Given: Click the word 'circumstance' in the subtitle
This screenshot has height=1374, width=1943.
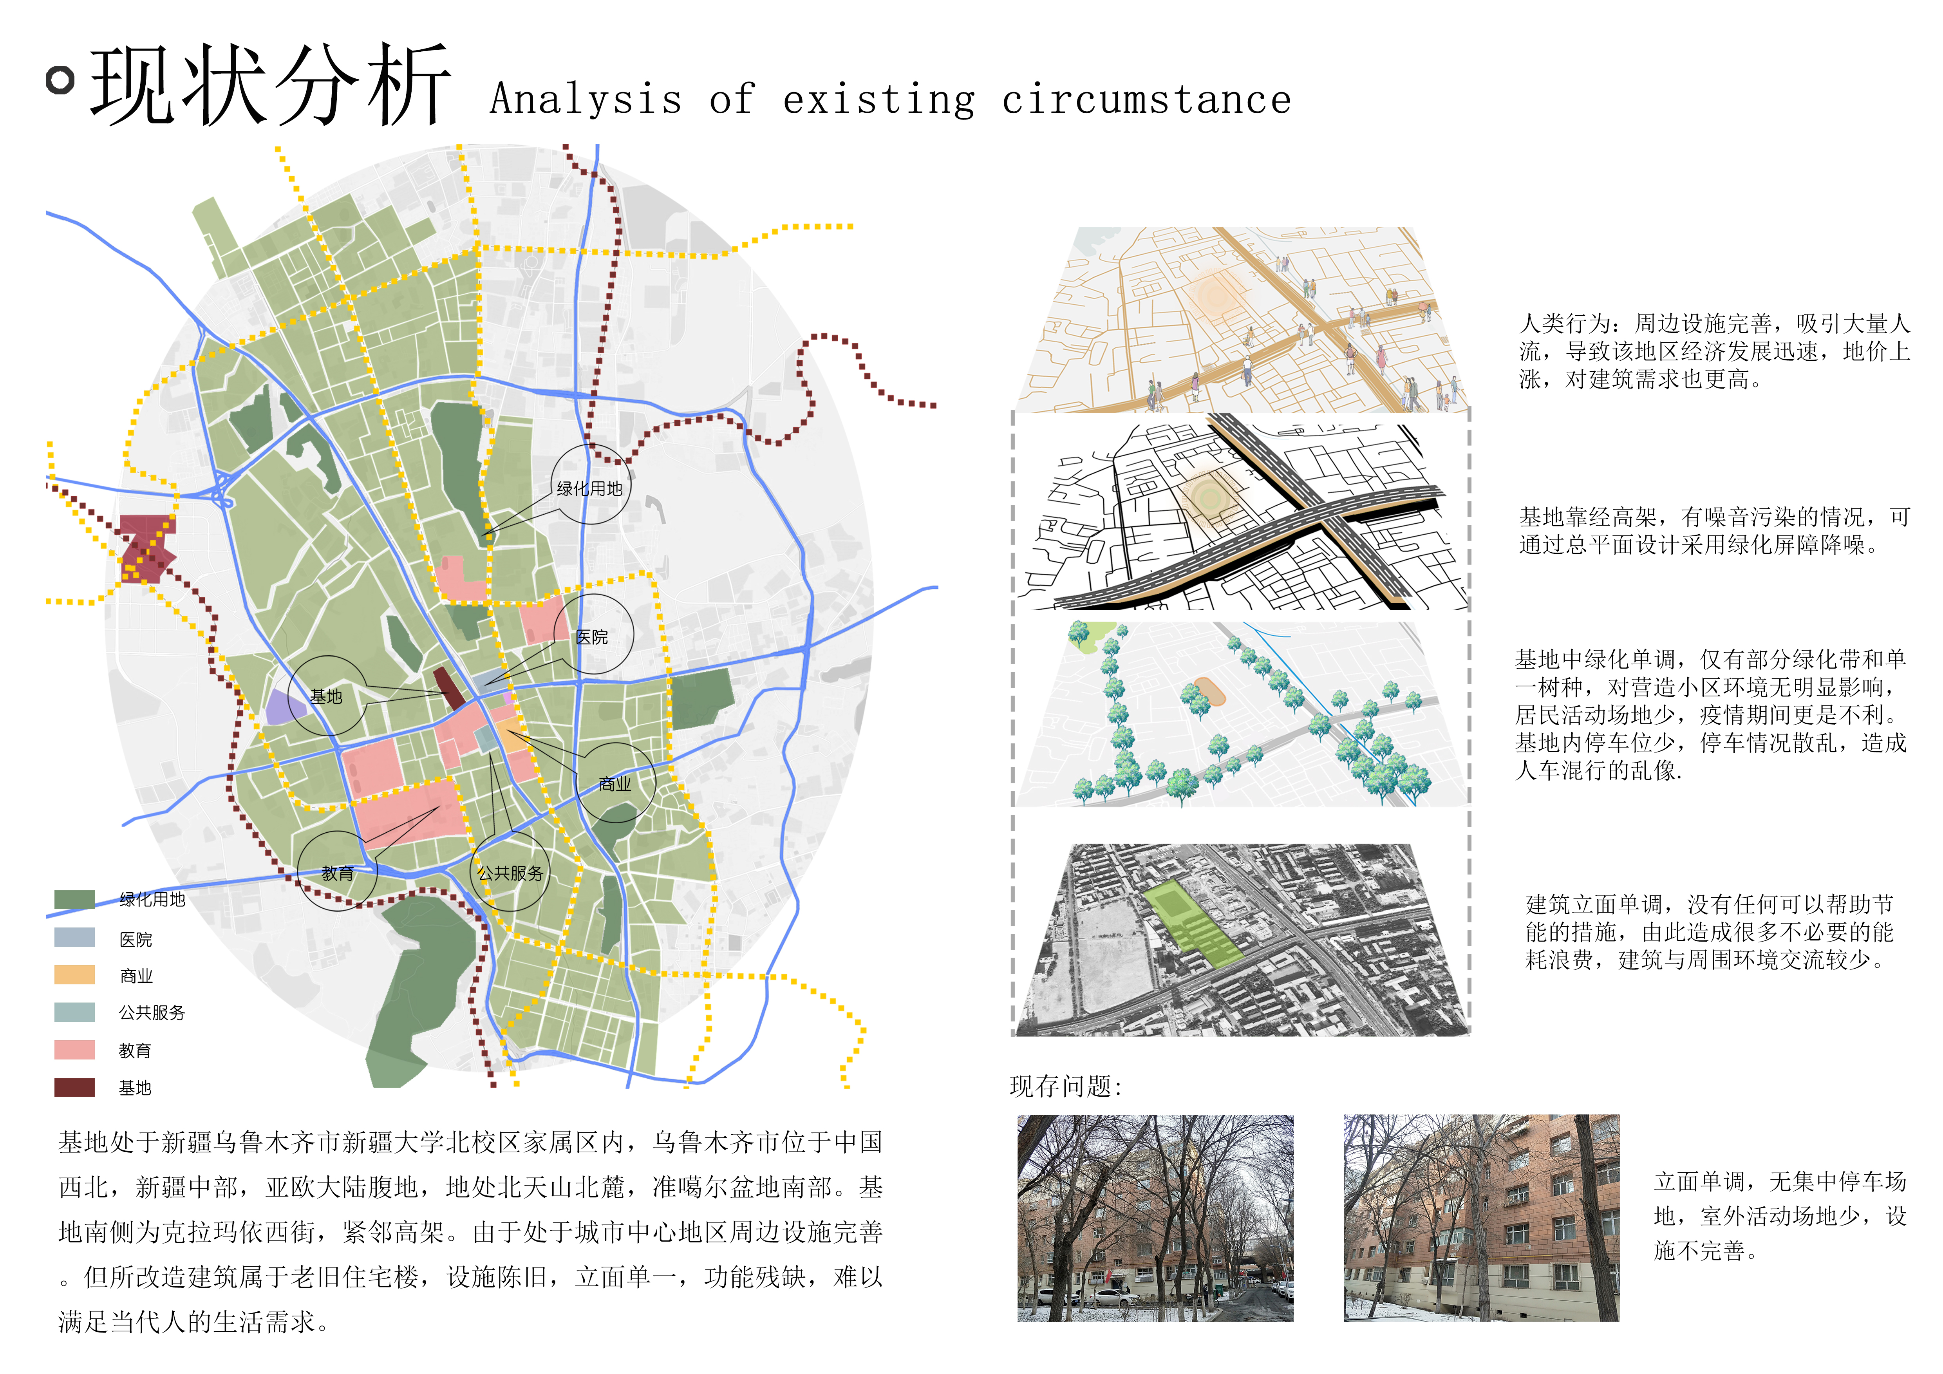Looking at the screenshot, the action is coord(1147,100).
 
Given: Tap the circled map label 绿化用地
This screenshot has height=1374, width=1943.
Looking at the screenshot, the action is coord(590,488).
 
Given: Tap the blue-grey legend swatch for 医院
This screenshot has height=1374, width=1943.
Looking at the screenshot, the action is coord(74,936).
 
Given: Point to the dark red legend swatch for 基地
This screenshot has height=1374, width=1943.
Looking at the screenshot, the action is coord(74,1087).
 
